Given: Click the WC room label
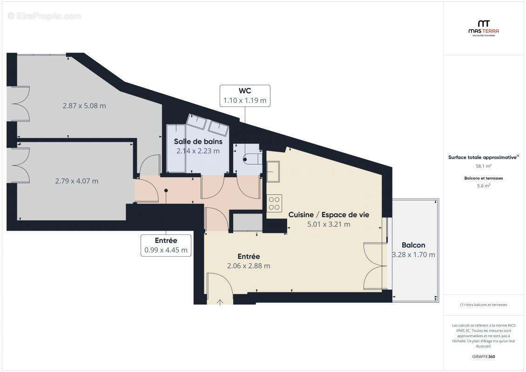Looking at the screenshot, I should click(x=244, y=91).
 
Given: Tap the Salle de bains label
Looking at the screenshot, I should click(x=198, y=141).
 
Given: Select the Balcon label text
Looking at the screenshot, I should click(x=413, y=245).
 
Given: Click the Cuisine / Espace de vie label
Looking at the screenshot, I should click(x=329, y=214).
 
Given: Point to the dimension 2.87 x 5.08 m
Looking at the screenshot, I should click(x=84, y=106).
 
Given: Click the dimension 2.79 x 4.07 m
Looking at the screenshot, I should click(x=77, y=181).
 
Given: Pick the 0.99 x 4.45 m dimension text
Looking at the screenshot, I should click(x=166, y=250).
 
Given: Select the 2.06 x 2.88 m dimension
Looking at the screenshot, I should click(x=249, y=266).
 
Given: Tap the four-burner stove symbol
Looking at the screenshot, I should click(x=274, y=203).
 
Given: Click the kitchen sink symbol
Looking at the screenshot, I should click(x=273, y=171).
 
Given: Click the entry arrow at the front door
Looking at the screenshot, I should click(x=220, y=302).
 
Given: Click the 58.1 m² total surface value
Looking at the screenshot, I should click(x=483, y=166).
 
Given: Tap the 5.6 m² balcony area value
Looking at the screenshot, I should click(x=483, y=186).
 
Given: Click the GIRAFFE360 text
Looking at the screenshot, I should click(x=483, y=357).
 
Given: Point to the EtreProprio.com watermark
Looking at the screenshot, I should click(x=45, y=16).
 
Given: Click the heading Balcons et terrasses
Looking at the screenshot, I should click(x=483, y=178).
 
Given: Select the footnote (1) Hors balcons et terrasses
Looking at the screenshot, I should click(x=483, y=305).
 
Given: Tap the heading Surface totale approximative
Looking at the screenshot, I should click(x=482, y=158).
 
